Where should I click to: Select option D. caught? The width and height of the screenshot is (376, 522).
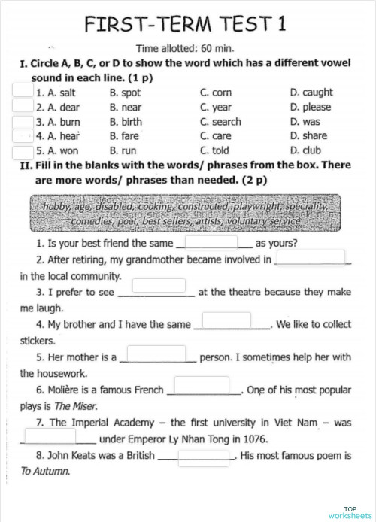click(311, 93)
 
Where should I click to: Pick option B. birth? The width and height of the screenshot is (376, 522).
click(125, 122)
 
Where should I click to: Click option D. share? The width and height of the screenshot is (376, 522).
click(308, 136)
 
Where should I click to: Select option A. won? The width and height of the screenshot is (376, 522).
click(53, 150)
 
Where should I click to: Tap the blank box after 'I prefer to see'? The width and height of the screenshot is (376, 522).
click(159, 285)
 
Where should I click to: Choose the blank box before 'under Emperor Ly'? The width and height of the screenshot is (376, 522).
click(50, 435)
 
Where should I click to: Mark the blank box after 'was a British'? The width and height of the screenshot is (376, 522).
click(203, 456)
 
